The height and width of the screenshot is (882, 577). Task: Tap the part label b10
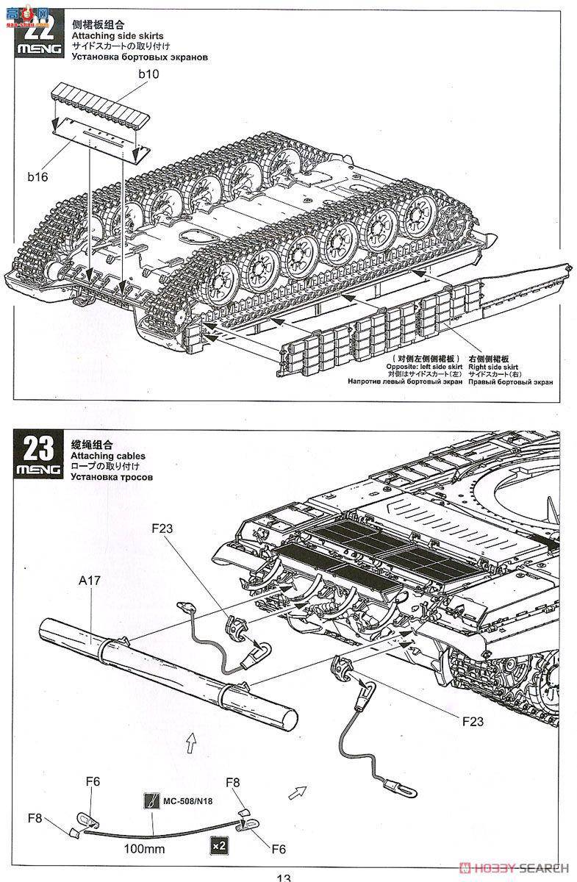point(148,73)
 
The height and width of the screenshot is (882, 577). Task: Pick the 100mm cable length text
point(144,849)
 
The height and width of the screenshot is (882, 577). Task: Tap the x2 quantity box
point(218,845)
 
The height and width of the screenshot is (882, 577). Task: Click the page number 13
point(284,876)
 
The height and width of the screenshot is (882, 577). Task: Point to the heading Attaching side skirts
point(117,35)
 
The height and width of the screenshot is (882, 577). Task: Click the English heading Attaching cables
point(108,456)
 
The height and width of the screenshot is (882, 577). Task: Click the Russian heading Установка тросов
point(112,476)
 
